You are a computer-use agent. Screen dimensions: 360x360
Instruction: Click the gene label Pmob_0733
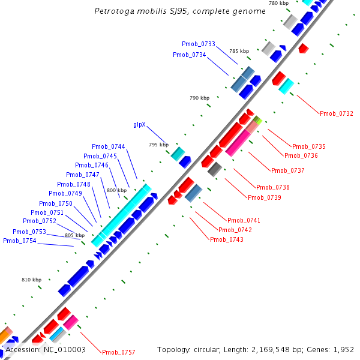(x=199, y=44)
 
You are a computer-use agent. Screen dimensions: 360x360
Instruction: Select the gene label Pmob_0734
(x=190, y=55)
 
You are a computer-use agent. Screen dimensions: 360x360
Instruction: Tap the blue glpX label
(x=139, y=125)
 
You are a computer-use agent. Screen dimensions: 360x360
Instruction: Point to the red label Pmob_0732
(x=337, y=113)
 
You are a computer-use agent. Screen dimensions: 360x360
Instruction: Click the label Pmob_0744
(x=109, y=146)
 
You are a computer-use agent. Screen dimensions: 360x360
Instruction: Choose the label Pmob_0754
(x=20, y=241)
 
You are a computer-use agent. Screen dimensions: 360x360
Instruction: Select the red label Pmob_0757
(x=119, y=352)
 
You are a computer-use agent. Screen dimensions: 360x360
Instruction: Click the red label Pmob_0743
(x=227, y=239)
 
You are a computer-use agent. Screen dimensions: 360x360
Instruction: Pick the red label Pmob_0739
(x=265, y=197)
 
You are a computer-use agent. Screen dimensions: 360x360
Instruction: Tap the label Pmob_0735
(x=309, y=146)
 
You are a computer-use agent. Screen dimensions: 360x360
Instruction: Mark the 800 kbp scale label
(x=117, y=190)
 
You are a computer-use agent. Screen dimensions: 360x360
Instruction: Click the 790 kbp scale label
(x=199, y=98)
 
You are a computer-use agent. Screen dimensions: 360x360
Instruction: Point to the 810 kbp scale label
(x=32, y=280)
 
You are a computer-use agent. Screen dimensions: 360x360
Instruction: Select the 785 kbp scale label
(x=239, y=52)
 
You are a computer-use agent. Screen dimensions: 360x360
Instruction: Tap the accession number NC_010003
(x=64, y=349)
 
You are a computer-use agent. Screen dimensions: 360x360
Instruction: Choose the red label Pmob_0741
(x=244, y=220)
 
